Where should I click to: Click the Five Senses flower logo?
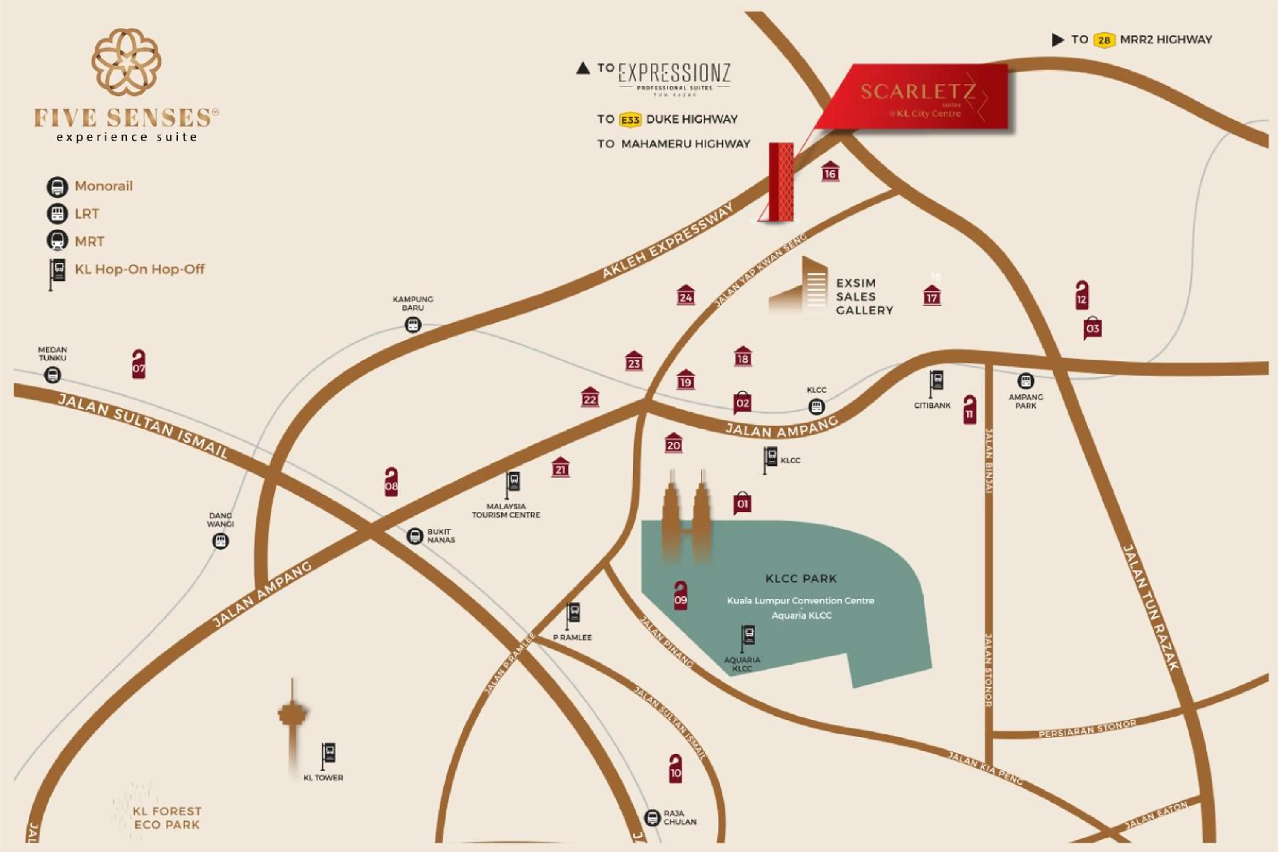click(126, 61)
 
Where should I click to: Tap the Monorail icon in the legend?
click(57, 187)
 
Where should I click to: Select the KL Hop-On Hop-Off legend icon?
click(57, 272)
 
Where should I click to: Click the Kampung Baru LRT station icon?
click(413, 325)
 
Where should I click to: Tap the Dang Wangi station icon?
click(220, 541)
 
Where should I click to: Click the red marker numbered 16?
click(830, 172)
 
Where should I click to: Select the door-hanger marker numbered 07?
click(138, 364)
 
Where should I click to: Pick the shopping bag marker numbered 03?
click(1092, 328)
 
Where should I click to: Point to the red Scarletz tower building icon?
click(781, 182)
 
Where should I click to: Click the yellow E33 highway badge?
click(630, 120)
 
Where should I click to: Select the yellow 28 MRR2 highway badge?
click(1104, 40)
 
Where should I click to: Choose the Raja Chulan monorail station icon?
click(652, 817)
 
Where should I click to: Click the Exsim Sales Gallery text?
click(864, 296)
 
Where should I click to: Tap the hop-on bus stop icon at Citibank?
click(935, 383)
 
